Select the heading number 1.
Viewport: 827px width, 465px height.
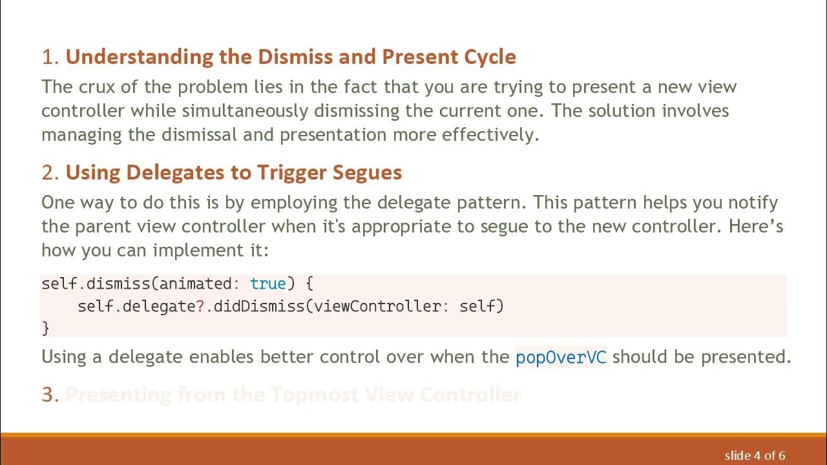pyautogui.click(x=50, y=57)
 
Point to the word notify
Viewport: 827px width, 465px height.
pyautogui.click(x=753, y=203)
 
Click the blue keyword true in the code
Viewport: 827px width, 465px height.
pyautogui.click(x=267, y=284)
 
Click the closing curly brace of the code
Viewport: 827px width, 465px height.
pyautogui.click(x=45, y=328)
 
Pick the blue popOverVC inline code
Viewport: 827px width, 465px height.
pyautogui.click(x=561, y=357)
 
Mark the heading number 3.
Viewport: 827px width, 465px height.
pyautogui.click(x=50, y=395)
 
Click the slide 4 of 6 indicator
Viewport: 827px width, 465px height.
pyautogui.click(x=755, y=455)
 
